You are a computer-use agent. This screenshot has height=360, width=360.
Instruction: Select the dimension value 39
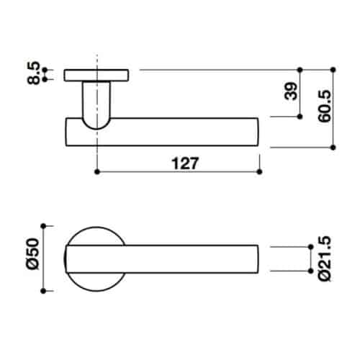tap(290, 92)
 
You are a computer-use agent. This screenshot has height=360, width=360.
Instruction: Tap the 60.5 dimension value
tap(323, 106)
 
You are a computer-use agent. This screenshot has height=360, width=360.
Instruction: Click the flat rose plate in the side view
tap(96, 74)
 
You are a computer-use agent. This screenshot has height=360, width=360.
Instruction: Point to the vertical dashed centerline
tap(96, 155)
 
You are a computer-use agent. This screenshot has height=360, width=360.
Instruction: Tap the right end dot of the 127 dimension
tap(258, 173)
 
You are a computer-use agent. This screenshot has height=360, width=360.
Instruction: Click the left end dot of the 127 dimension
tap(96, 173)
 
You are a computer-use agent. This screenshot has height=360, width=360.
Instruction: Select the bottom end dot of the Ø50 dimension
tap(44, 291)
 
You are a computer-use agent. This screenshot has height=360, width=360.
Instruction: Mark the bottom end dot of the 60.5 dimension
tap(333, 146)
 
